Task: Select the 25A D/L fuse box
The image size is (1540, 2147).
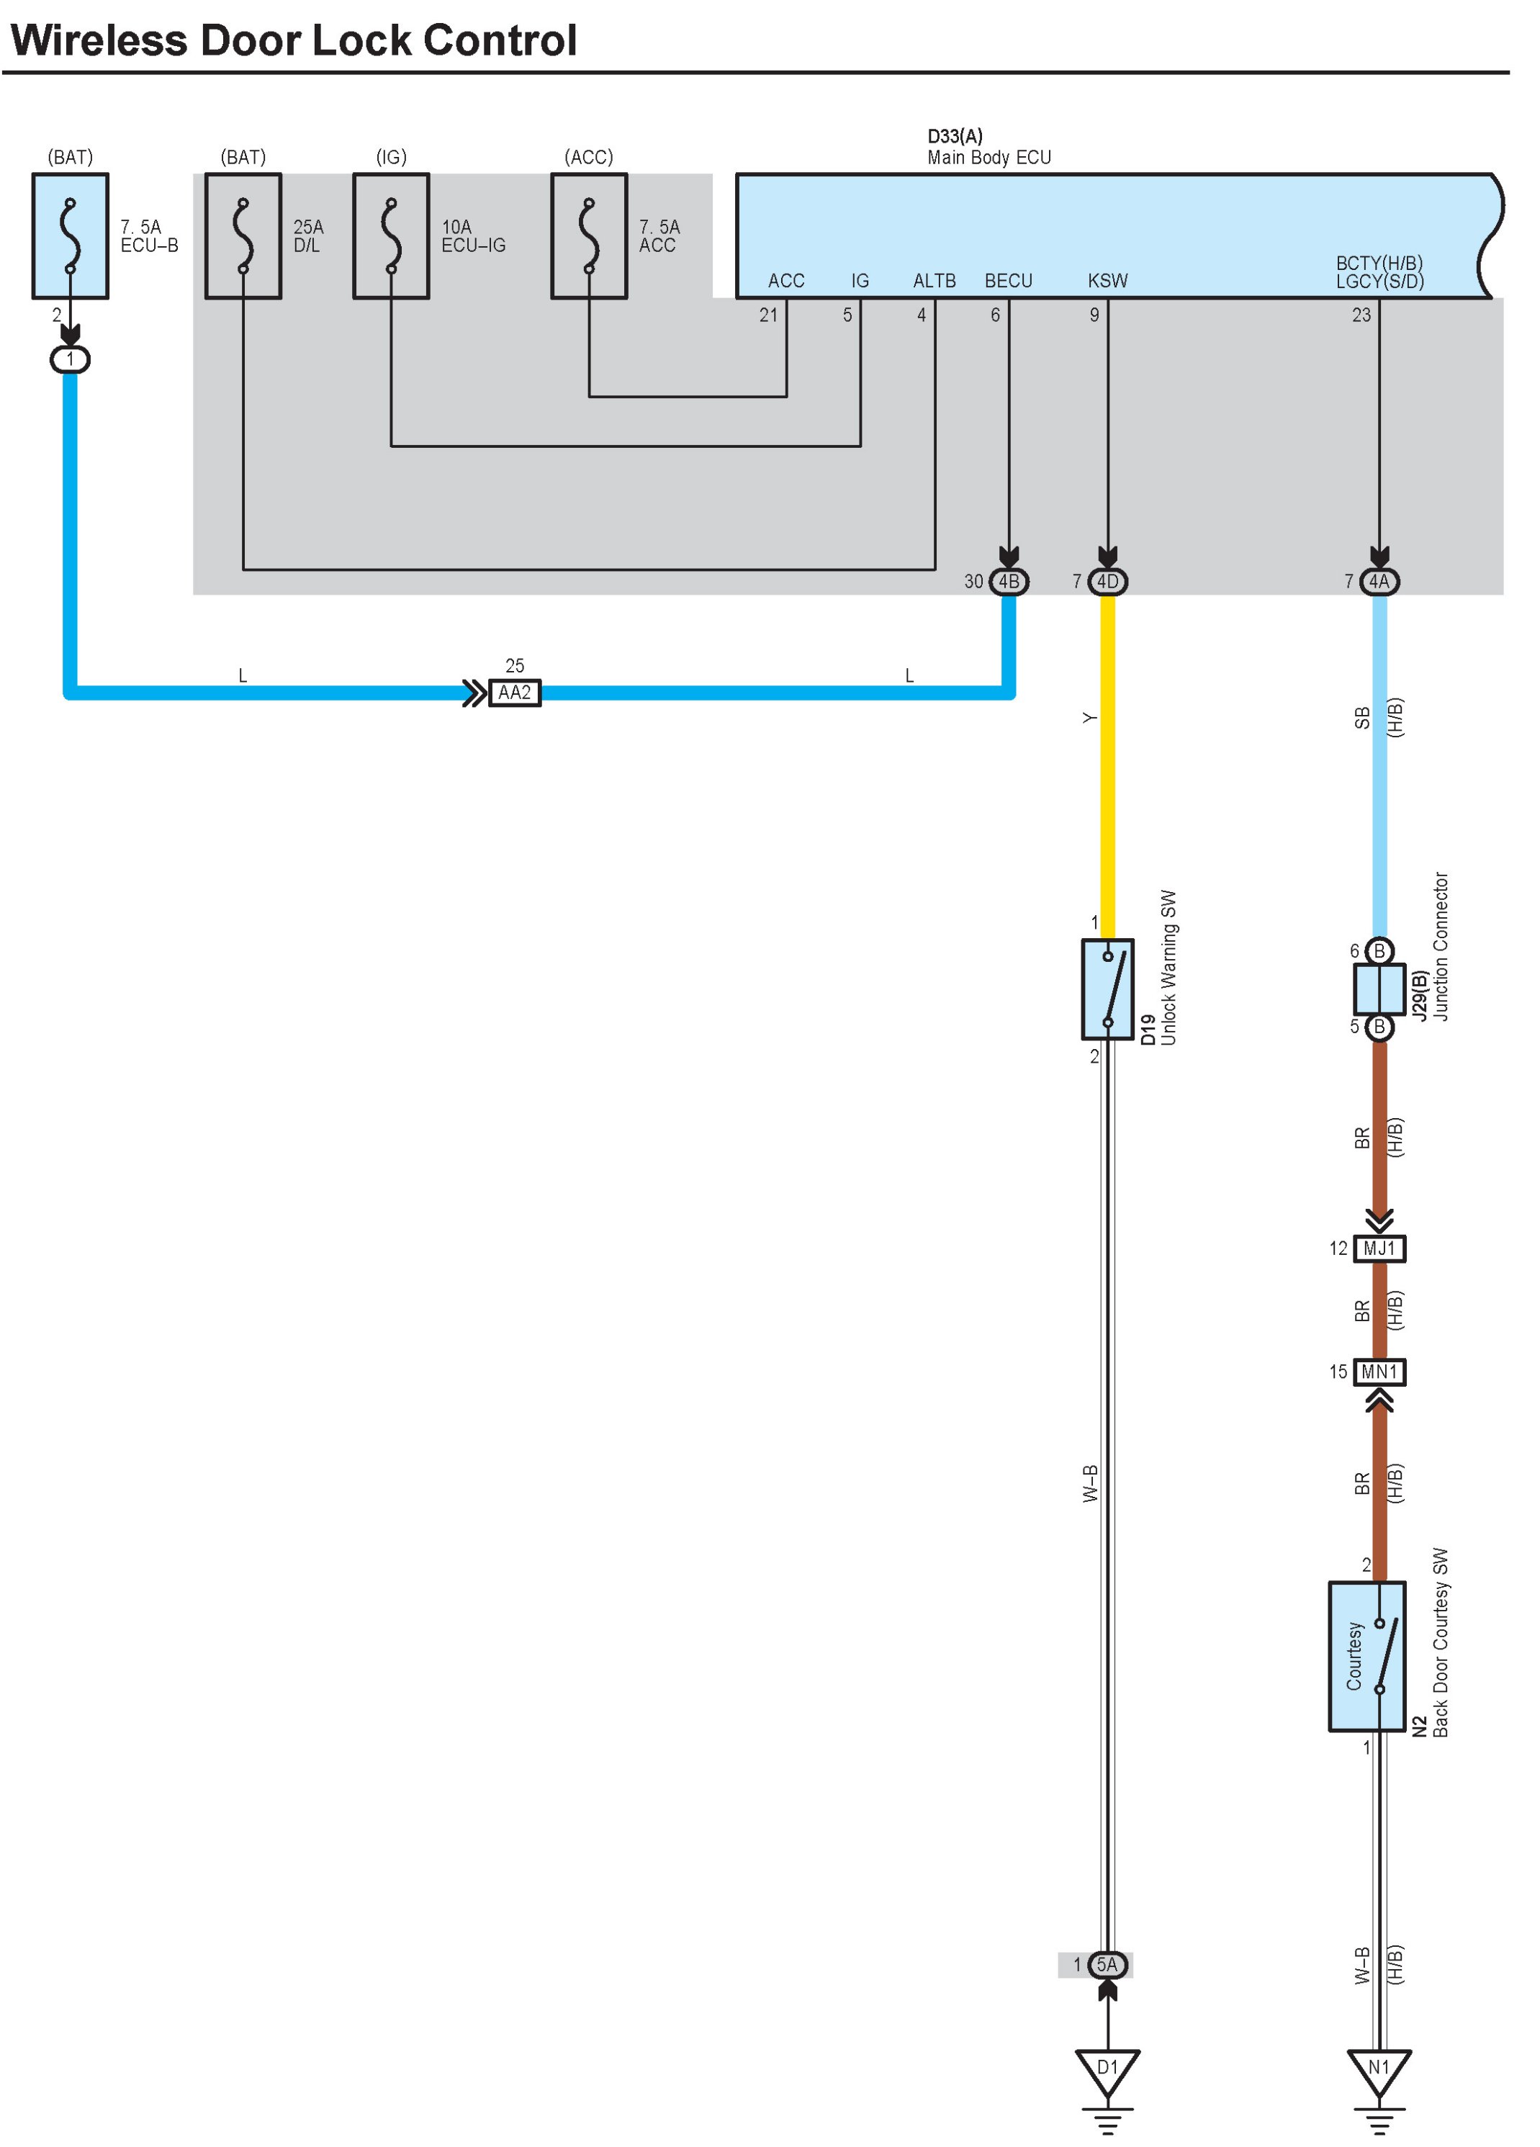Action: click(x=243, y=235)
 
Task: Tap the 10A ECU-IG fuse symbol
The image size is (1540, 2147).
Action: click(x=391, y=235)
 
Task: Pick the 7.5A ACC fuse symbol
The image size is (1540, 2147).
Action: click(x=589, y=235)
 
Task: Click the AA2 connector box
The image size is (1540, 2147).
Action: click(x=514, y=693)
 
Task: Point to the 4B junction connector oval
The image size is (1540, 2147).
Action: click(x=1009, y=581)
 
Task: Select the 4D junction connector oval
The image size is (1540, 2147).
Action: click(x=1107, y=581)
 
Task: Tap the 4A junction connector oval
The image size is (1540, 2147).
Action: click(x=1379, y=581)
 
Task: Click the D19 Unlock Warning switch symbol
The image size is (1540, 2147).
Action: click(x=1107, y=989)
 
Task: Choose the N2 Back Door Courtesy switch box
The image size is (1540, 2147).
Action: click(x=1366, y=1657)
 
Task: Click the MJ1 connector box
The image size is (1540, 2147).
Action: click(x=1379, y=1248)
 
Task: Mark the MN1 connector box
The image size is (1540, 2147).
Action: click(x=1379, y=1372)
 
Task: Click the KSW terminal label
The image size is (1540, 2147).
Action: click(x=1107, y=281)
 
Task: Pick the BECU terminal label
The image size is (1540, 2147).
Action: click(x=1008, y=281)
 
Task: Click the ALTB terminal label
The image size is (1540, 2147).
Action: click(x=935, y=281)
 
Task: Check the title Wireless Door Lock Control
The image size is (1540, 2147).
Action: click(x=294, y=41)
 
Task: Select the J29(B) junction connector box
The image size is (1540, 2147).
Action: click(x=1379, y=989)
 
